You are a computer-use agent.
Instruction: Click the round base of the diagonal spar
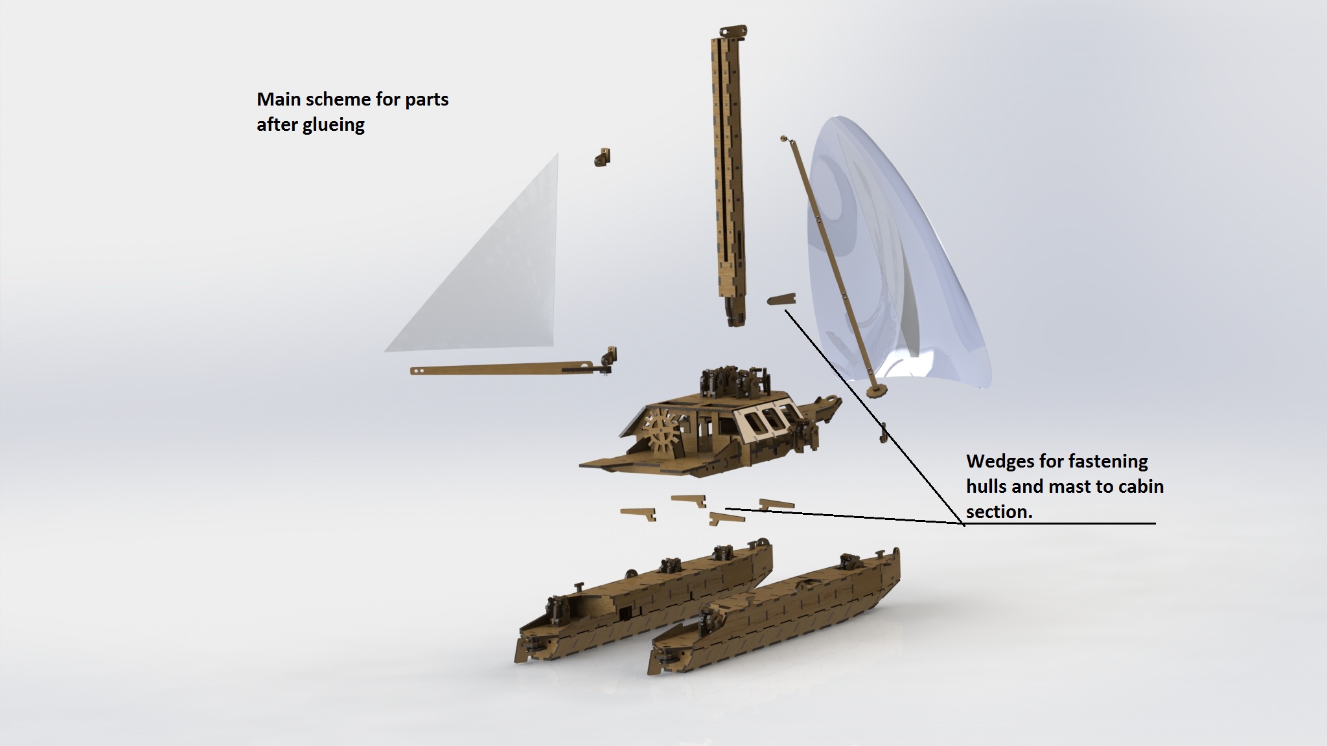[x=877, y=390]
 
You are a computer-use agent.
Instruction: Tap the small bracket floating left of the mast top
[x=603, y=157]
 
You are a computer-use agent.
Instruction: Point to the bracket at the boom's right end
[x=608, y=359]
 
